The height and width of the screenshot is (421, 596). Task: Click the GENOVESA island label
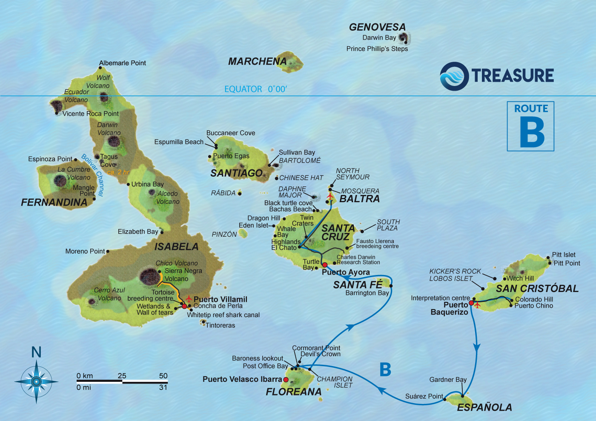[x=377, y=27]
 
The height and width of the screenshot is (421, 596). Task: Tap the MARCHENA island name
[x=257, y=62]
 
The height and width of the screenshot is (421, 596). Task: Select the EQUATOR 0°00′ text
[x=255, y=89]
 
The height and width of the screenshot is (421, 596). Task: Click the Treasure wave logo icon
[x=454, y=76]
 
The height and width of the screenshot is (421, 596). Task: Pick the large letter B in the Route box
[x=532, y=132]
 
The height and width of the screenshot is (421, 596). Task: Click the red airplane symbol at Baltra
[x=330, y=196]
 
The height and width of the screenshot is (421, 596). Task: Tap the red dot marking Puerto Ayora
[x=325, y=265]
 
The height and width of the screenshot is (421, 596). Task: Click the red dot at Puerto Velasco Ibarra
[x=286, y=380]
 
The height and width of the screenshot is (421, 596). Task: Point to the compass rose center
[x=36, y=382]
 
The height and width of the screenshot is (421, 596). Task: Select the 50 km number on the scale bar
[x=163, y=375]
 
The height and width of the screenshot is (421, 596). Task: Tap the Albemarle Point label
[x=122, y=63]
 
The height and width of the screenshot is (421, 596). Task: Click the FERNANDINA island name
[x=54, y=203]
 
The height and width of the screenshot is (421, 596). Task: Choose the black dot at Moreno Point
[x=108, y=252]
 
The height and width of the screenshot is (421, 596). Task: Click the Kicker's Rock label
[x=455, y=271]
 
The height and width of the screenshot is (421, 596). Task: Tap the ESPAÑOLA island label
[x=484, y=407]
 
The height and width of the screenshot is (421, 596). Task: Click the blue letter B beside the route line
[x=385, y=369]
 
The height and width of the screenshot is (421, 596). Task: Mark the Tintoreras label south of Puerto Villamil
[x=220, y=325]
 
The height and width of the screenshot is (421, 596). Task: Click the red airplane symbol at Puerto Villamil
[x=189, y=299]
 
